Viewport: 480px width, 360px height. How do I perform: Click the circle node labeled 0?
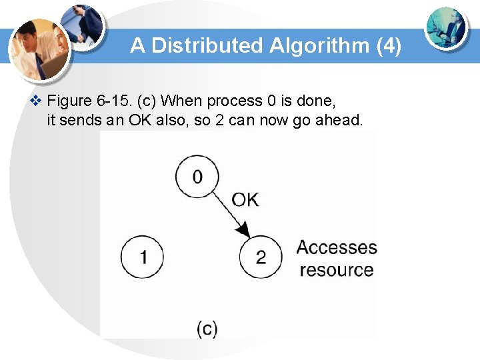(197, 177)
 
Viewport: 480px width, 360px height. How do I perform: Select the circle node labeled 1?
(142, 257)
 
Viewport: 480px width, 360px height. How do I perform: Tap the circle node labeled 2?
(261, 257)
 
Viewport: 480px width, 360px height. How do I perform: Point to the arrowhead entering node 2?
(244, 230)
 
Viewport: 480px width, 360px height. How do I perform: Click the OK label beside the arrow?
(245, 199)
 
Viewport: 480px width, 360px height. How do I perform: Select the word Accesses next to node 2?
(337, 247)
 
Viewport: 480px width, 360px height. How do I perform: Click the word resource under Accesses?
(337, 270)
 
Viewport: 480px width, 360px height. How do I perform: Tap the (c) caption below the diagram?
(207, 328)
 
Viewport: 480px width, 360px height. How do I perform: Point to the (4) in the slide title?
(389, 46)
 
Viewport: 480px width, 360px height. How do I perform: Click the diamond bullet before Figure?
(37, 101)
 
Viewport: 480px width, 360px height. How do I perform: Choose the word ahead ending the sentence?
(338, 121)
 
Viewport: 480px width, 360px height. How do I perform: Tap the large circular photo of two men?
(40, 48)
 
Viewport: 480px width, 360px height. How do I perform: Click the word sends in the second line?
(80, 121)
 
